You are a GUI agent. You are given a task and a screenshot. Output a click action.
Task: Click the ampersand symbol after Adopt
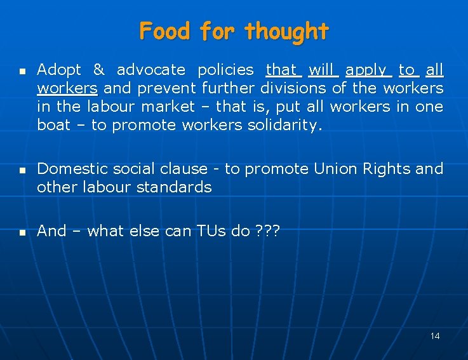pyautogui.click(x=98, y=69)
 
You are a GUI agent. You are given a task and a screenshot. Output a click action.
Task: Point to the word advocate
pyautogui.click(x=151, y=69)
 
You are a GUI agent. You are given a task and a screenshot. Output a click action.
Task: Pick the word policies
pyautogui.click(x=225, y=69)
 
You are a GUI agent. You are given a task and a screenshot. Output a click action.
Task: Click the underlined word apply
pyautogui.click(x=366, y=70)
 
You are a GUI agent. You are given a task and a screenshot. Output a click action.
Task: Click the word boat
pyautogui.click(x=53, y=124)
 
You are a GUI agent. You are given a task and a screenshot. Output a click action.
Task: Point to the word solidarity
pyautogui.click(x=284, y=125)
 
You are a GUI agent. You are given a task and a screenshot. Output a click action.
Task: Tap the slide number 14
pyautogui.click(x=434, y=335)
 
